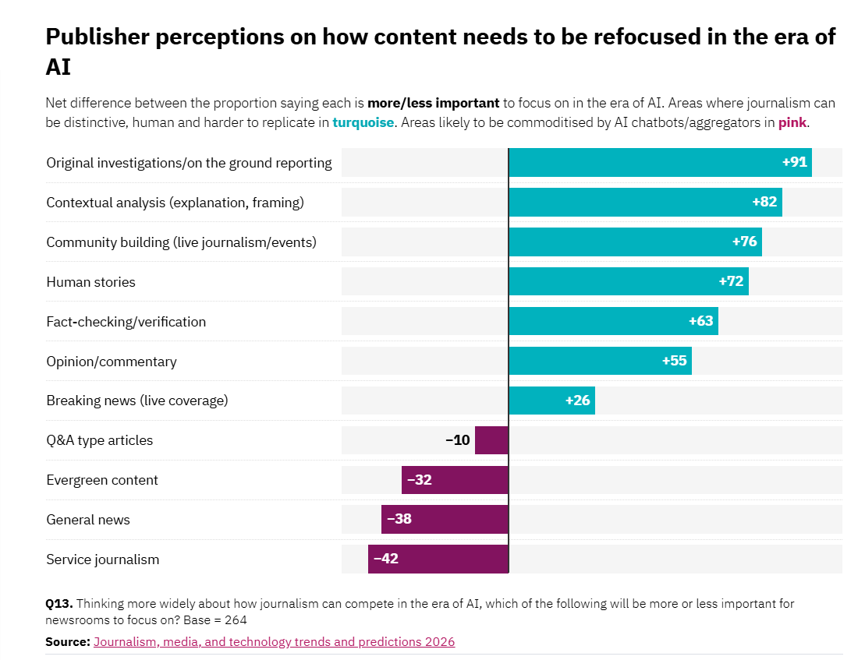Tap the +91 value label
click(x=794, y=162)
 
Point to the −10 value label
click(x=458, y=440)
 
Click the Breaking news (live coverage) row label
click(x=137, y=401)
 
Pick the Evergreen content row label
click(x=102, y=480)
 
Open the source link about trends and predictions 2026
click(x=274, y=642)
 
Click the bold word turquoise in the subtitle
click(x=363, y=122)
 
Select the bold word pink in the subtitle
click(x=792, y=122)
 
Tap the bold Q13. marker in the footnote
click(x=59, y=603)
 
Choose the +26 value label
click(x=578, y=401)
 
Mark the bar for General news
click(x=445, y=519)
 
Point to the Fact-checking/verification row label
click(x=126, y=322)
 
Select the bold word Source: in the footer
click(x=68, y=642)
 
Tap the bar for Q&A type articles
click(x=491, y=440)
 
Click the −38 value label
click(x=399, y=519)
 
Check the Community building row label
click(x=181, y=242)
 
